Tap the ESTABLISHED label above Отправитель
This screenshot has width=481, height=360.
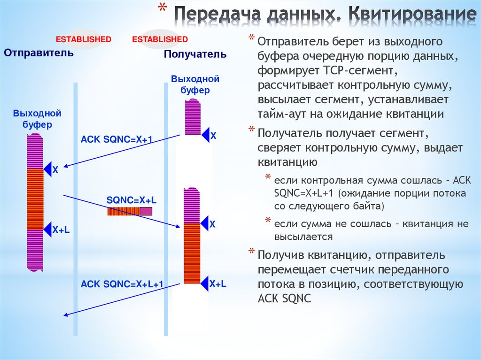coord(84,39)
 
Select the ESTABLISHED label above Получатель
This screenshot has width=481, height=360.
coord(160,39)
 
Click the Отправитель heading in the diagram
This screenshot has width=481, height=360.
coord(39,53)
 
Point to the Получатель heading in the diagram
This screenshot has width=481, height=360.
coord(195,54)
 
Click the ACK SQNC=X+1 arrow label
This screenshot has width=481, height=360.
coord(117,139)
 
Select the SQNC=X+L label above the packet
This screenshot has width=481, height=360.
coord(132,200)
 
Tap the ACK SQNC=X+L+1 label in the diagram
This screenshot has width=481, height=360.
coord(122,284)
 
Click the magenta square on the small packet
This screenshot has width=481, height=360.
coord(146,211)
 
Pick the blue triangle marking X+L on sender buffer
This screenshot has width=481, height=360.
coord(47,230)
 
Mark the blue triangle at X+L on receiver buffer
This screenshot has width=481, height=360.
coord(204,283)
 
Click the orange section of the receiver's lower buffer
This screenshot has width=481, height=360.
coord(192,253)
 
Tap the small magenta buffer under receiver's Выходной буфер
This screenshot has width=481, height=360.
coord(192,117)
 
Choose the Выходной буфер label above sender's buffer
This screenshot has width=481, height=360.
coord(37,119)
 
